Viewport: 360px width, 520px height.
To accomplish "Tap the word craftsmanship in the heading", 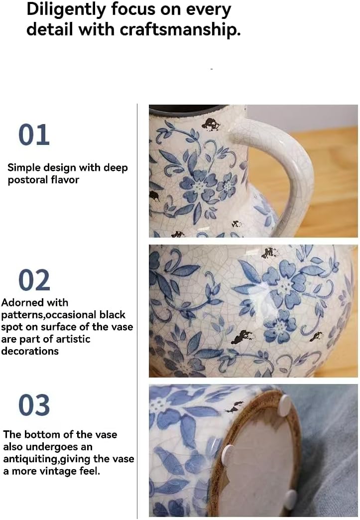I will [x=180, y=29].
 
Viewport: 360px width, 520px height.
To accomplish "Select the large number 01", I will [x=34, y=134].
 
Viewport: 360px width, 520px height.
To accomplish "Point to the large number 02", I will [x=34, y=280].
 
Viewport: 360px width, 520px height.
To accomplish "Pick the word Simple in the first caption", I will [x=24, y=168].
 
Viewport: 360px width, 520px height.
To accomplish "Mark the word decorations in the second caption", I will [x=30, y=351].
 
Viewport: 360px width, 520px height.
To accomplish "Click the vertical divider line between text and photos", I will [x=137, y=309].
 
